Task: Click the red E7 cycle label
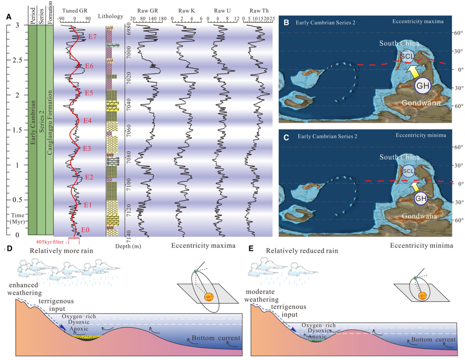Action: click(92, 37)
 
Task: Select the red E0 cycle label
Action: click(85, 230)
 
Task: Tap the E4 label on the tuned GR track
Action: click(87, 120)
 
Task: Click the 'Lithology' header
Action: click(111, 17)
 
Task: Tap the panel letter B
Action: click(286, 23)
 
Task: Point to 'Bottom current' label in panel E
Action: click(433, 340)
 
